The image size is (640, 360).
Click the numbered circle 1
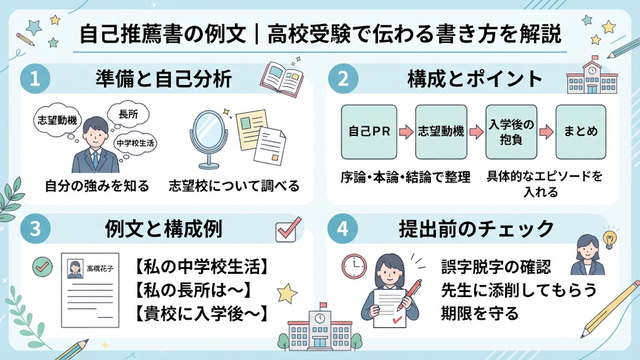(35, 78)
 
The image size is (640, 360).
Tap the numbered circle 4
(343, 228)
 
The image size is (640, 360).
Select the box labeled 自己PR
(369, 132)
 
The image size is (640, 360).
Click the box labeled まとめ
(581, 132)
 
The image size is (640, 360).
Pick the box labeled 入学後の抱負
(511, 132)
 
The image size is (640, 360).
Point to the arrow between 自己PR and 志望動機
(406, 132)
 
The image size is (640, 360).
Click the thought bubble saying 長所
(128, 114)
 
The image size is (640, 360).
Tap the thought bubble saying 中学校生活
(135, 143)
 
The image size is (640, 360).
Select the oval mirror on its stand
(209, 140)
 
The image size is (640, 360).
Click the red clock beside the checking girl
(354, 266)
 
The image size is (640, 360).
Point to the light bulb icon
(609, 239)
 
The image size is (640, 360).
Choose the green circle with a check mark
(42, 267)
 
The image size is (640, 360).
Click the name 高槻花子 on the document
(100, 269)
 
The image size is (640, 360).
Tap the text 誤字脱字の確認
(496, 267)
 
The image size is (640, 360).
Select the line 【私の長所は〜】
(193, 291)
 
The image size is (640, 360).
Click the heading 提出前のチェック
(476, 229)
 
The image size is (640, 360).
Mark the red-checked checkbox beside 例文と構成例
(287, 230)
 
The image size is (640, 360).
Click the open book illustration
(282, 79)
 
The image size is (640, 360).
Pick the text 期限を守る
(480, 314)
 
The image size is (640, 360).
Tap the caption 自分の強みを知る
(97, 186)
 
